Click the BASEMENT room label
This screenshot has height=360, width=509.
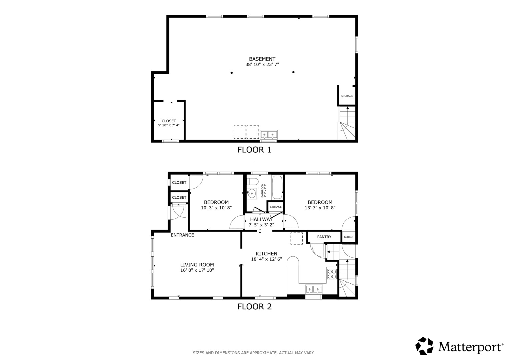262,59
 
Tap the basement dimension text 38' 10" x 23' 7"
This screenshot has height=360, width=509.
262,65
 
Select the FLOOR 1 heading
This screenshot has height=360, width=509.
254,150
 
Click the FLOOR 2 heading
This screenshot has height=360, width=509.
254,307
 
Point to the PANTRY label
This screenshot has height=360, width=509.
324,237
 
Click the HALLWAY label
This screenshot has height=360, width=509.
261,220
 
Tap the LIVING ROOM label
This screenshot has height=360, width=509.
197,265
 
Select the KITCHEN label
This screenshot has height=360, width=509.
267,254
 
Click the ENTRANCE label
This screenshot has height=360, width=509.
182,235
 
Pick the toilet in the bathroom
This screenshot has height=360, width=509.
252,182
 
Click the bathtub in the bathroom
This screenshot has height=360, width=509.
277,188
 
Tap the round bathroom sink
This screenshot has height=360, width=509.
252,194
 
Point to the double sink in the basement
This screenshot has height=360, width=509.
269,135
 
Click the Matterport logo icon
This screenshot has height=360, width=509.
424,346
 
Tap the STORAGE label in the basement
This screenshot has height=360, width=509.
347,96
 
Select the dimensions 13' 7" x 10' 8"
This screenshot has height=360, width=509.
320,208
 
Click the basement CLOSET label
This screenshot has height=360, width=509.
169,121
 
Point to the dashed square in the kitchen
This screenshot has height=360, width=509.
297,238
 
